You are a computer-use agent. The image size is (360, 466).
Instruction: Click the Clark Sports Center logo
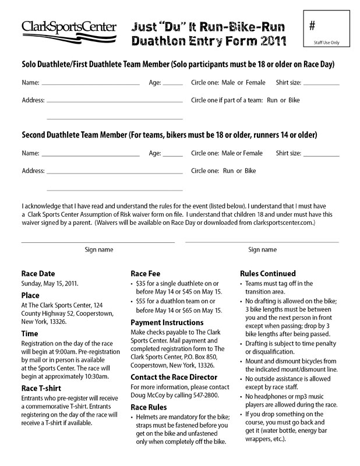click(x=69, y=30)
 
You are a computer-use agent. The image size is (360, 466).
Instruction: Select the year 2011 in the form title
click(x=269, y=41)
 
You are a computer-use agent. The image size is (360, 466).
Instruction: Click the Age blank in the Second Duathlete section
click(x=173, y=156)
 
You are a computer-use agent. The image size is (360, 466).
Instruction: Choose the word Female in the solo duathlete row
click(x=252, y=82)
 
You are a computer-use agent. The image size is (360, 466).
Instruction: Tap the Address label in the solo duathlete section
click(x=33, y=100)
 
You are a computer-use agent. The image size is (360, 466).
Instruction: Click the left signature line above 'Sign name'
click(x=98, y=241)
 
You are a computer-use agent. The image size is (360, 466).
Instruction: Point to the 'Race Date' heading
click(x=38, y=273)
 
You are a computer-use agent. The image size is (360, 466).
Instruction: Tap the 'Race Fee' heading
click(x=146, y=273)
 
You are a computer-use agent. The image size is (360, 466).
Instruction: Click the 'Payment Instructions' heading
click(x=167, y=323)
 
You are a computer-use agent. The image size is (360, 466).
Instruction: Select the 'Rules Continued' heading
click(x=268, y=273)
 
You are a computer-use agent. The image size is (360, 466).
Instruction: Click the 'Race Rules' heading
click(x=150, y=407)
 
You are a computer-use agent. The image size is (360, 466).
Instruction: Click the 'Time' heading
click(x=30, y=333)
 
